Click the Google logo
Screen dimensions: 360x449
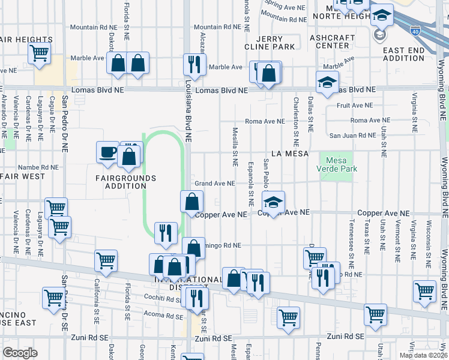pos(20,353)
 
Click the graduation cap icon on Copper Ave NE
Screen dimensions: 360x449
pos(273,204)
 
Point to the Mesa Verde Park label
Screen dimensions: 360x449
pos(341,164)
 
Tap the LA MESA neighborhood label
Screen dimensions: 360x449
pos(289,154)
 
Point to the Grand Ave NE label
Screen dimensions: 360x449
pos(213,184)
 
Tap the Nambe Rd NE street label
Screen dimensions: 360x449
pos(38,167)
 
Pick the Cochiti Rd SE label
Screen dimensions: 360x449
pos(160,298)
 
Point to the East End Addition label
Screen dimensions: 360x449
pos(404,54)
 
